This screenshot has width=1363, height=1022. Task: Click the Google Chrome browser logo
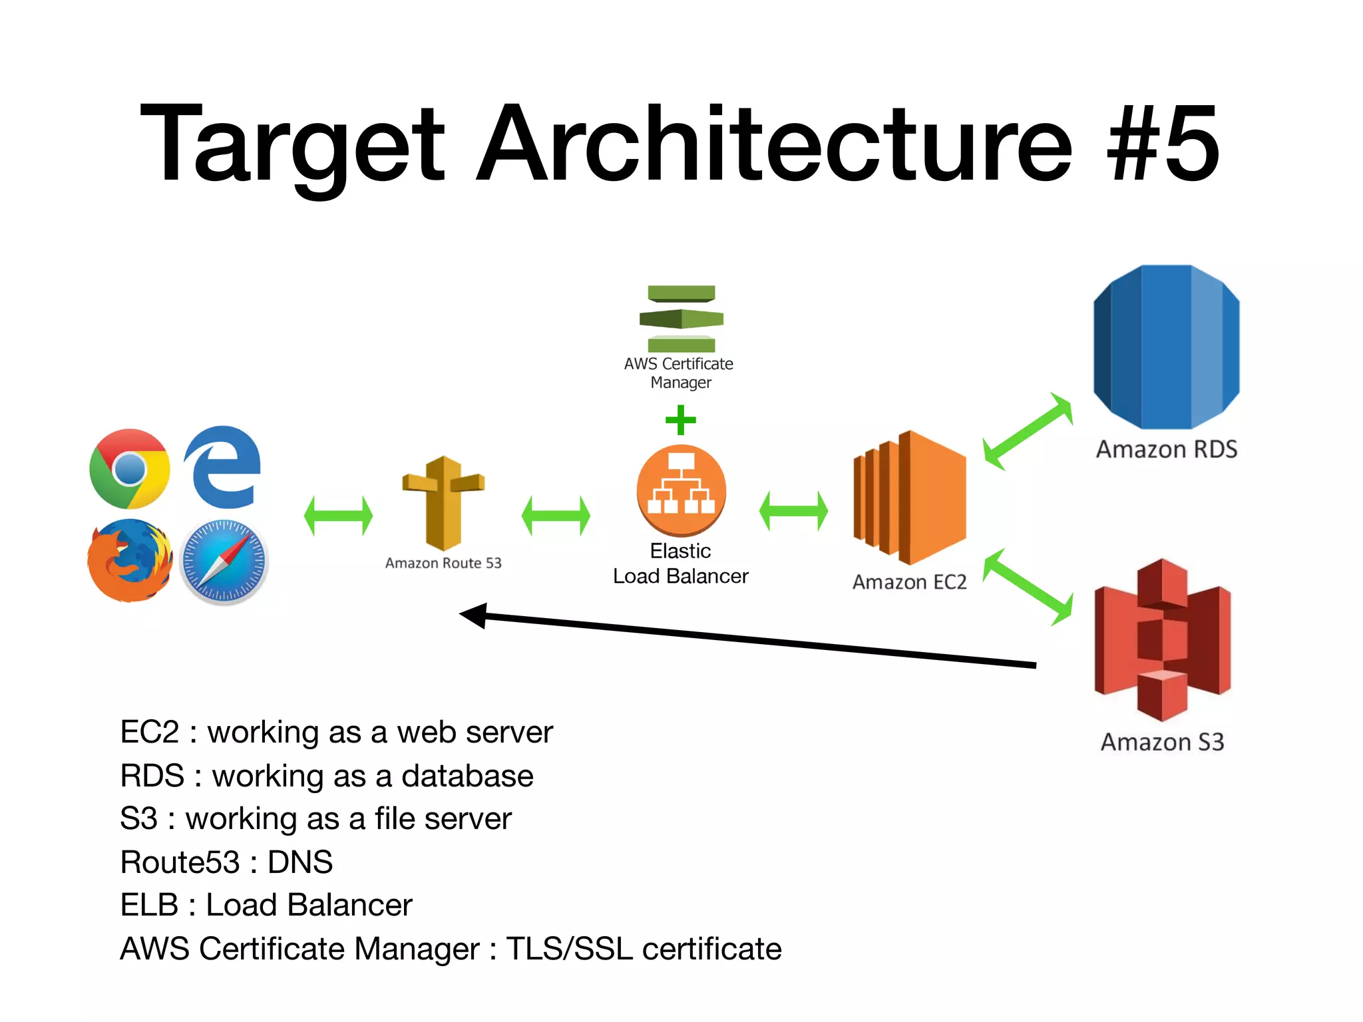[130, 469]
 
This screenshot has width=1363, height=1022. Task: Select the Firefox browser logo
[130, 560]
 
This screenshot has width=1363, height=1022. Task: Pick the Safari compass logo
[224, 562]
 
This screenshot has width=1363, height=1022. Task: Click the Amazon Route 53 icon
[443, 502]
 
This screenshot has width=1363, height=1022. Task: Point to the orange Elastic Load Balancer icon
[681, 490]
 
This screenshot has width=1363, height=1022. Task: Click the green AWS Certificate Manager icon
[681, 319]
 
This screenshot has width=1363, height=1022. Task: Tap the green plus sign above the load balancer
[681, 420]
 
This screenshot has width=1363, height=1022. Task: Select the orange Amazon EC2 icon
[909, 497]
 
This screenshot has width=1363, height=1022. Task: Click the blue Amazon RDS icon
[1166, 347]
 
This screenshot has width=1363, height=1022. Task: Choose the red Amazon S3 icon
[1162, 640]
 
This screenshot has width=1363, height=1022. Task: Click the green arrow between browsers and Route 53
[338, 516]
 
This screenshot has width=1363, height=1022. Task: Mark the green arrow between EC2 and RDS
[1028, 431]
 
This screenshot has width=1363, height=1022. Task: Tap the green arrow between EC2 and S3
[1028, 587]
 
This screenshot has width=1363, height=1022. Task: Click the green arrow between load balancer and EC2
[793, 511]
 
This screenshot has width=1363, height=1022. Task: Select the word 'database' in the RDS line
[467, 776]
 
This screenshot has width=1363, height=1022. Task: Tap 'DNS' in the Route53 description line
[300, 862]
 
